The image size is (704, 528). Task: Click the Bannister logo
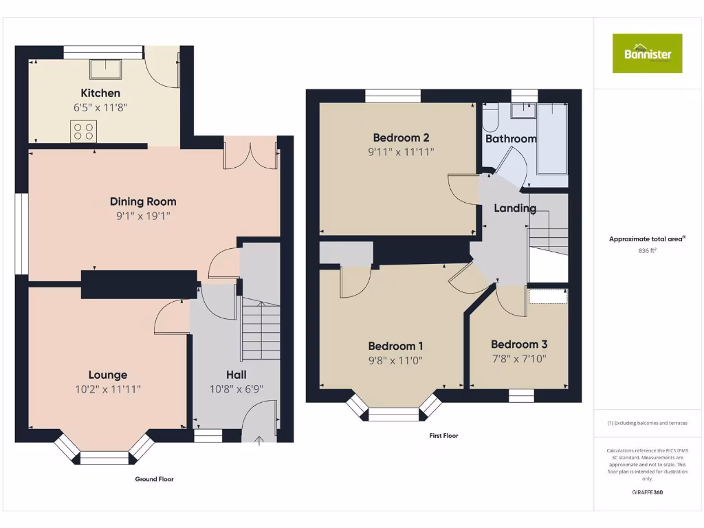[647, 53]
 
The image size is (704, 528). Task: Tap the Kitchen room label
[100, 93]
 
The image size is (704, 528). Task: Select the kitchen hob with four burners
[83, 131]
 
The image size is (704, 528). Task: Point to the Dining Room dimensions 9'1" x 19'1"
[143, 216]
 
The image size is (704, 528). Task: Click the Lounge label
[108, 375]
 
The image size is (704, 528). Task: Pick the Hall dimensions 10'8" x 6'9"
[236, 388]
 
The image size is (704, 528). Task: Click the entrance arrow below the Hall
[259, 441]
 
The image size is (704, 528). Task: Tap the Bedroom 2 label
[401, 137]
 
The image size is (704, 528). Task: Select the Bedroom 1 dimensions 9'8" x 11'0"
[395, 360]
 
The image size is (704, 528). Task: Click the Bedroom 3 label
[519, 344]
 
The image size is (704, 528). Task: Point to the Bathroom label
[511, 139]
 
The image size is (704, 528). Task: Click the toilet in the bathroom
[491, 118]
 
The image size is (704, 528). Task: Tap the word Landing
[515, 208]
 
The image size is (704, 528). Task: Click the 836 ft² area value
[647, 251]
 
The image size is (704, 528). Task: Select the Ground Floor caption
[153, 478]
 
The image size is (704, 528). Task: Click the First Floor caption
[443, 435]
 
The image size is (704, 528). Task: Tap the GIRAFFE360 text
[647, 492]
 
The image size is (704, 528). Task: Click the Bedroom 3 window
[521, 395]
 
